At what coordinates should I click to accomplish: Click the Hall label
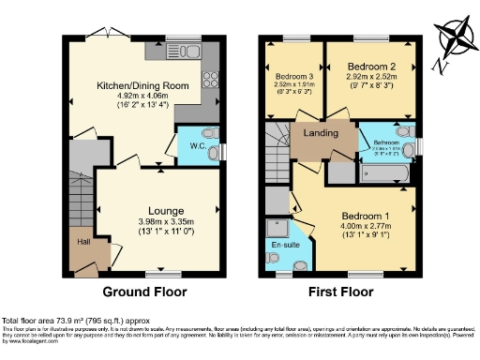(83, 242)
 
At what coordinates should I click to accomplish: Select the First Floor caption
(340, 292)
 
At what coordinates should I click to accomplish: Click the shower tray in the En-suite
(278, 226)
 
